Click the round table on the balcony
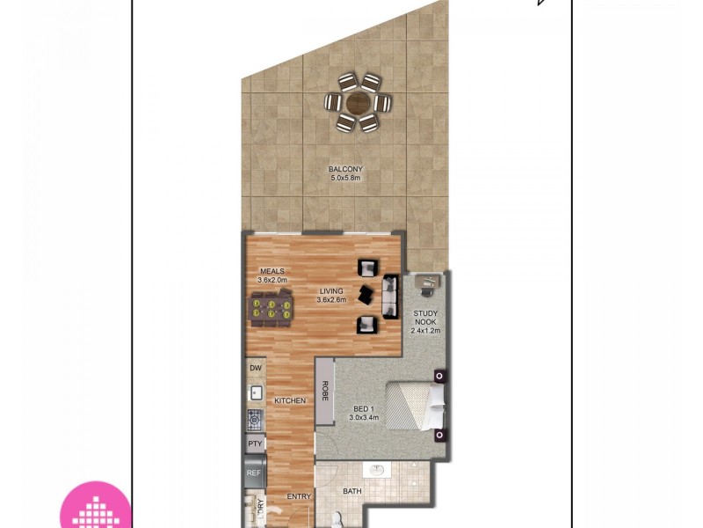point(358,103)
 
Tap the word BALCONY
point(345,170)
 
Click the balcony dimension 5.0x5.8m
point(345,179)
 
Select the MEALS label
point(272,271)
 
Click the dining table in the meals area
point(271,310)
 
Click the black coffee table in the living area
point(367,296)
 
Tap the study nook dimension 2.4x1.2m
point(426,331)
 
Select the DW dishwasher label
point(256,368)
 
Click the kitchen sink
point(256,393)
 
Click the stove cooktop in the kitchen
point(256,420)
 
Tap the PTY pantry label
point(256,444)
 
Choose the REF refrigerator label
point(255,473)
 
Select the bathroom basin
point(378,470)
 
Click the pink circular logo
point(95,506)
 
